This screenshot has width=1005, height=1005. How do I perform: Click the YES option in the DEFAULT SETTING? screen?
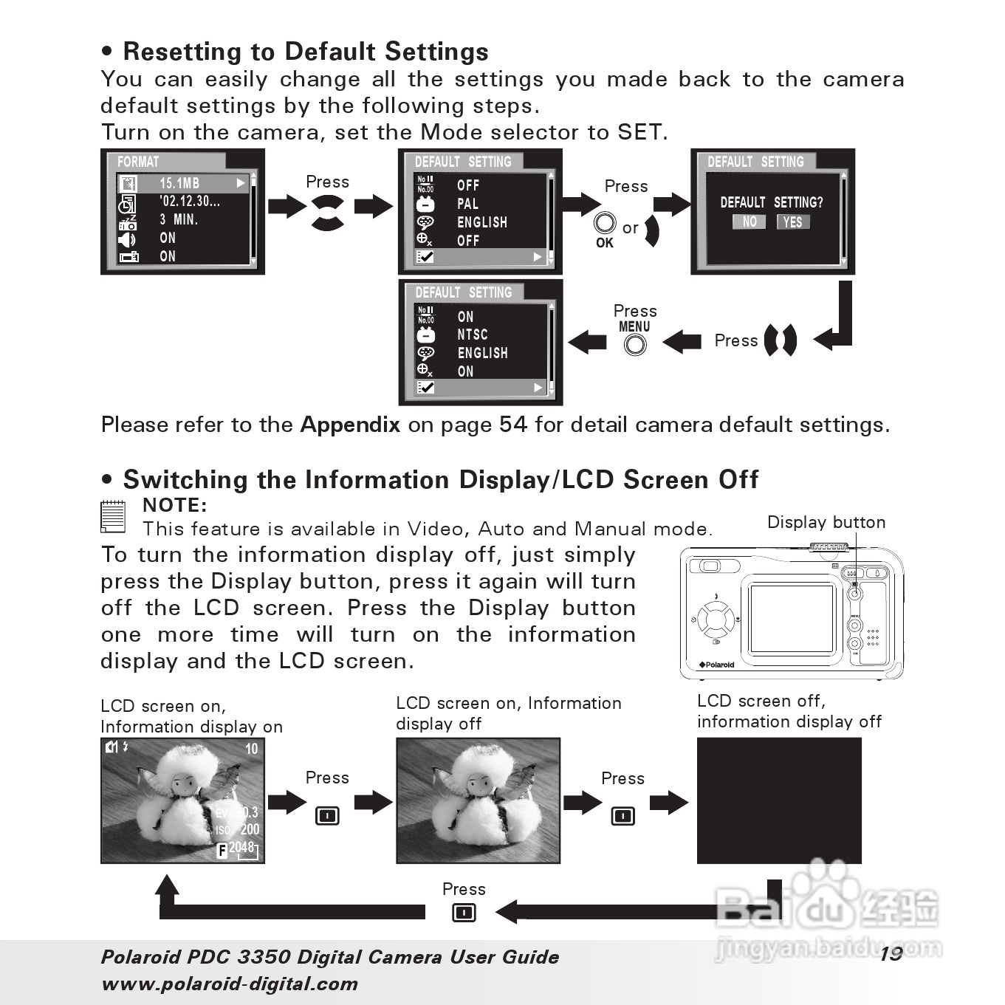792,222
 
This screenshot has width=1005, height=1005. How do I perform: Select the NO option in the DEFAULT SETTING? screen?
749,222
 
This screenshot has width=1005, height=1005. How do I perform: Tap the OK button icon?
605,223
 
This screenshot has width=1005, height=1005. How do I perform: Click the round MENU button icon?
634,344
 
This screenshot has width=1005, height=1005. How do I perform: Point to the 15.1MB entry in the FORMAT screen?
179,183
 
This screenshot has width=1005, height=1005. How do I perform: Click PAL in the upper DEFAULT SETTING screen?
467,204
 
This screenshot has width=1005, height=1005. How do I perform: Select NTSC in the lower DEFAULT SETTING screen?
472,335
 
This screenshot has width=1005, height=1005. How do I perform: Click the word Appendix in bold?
350,425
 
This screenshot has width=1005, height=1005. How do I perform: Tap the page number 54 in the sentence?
513,425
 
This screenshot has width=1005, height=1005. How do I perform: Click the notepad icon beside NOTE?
112,515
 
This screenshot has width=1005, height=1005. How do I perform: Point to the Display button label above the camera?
826,522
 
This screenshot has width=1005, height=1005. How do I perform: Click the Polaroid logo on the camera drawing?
716,665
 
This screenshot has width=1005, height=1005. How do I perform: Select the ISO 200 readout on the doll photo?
238,829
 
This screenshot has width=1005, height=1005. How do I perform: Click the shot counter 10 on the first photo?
251,749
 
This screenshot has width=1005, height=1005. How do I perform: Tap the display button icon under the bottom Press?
464,913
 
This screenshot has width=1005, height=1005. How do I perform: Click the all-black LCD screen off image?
779,800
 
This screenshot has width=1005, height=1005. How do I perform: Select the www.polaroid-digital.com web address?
230,984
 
